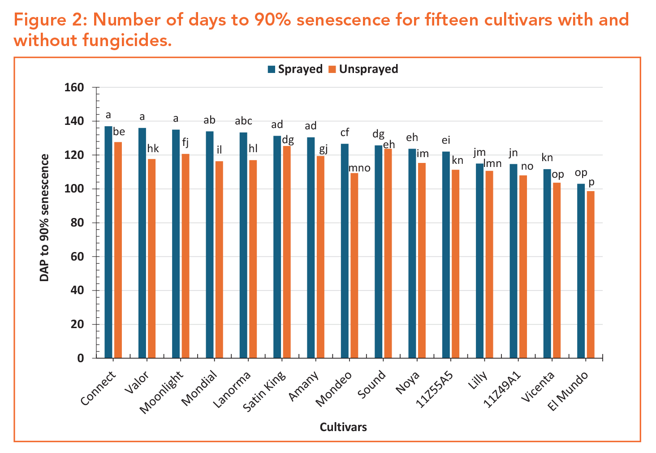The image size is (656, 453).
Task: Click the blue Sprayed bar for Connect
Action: (108, 242)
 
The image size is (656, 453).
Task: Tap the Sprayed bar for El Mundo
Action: (581, 271)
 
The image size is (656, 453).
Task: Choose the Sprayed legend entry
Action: (295, 69)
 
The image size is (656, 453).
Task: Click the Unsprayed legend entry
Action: (363, 69)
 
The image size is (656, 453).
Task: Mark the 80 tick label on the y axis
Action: (78, 223)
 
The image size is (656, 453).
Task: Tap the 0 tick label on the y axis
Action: (81, 358)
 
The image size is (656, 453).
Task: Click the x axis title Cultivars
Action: (343, 427)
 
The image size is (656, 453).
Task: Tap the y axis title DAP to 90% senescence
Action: (44, 218)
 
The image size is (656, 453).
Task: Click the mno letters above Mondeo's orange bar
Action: (359, 168)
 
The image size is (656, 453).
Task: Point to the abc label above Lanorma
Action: (244, 121)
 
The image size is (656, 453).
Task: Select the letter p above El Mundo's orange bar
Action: (591, 183)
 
